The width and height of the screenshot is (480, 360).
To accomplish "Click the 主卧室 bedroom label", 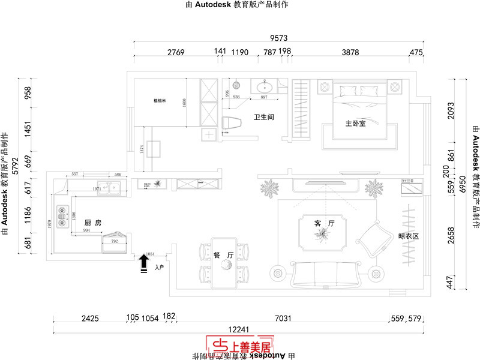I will (x=355, y=124).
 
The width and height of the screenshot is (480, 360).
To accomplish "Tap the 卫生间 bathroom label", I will (x=264, y=117).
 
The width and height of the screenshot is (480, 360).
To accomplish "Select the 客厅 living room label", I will (x=323, y=223).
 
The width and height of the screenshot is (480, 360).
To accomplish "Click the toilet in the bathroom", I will (x=231, y=123).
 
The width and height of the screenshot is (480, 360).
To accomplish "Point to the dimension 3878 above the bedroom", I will (x=350, y=53).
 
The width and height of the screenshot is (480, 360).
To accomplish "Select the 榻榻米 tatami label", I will (x=159, y=101).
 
